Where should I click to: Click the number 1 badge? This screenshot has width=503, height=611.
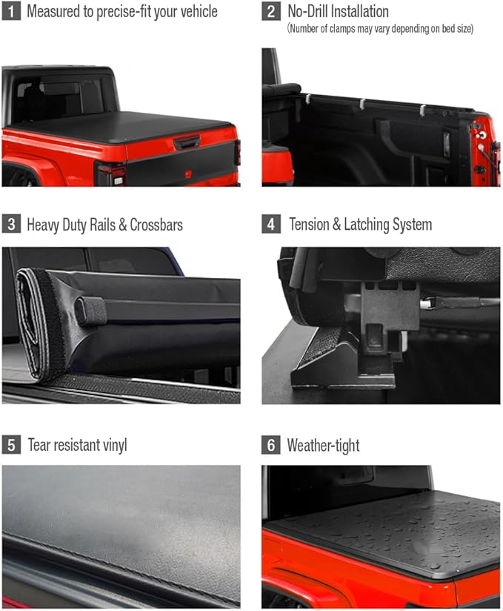(x=11, y=12)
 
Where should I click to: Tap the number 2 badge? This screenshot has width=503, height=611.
(x=271, y=12)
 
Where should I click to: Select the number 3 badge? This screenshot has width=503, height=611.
(x=11, y=224)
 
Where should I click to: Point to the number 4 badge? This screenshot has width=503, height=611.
(x=271, y=224)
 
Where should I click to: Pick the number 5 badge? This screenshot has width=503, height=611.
(x=11, y=445)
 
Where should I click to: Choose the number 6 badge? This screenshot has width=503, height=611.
(x=271, y=445)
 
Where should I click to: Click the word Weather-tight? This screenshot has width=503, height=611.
(x=323, y=446)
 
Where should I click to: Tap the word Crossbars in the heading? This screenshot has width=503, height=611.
(x=156, y=225)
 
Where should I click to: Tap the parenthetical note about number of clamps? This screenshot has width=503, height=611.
(x=380, y=29)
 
